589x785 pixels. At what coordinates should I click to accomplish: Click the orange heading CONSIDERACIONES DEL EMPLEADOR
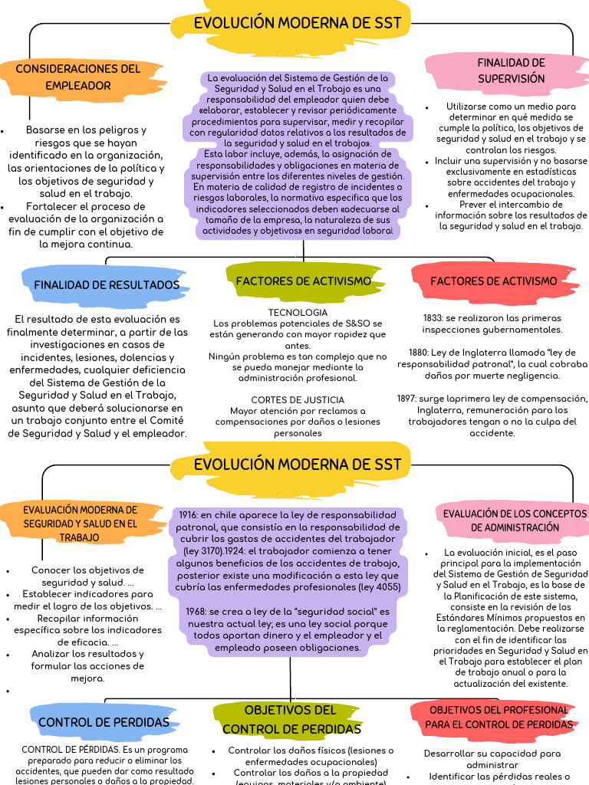tap(78, 77)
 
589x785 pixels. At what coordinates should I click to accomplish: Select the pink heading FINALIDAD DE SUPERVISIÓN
tap(511, 71)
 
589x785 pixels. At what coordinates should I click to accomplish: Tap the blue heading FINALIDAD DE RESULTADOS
tap(107, 285)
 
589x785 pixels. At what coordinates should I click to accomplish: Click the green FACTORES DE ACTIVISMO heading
tap(304, 281)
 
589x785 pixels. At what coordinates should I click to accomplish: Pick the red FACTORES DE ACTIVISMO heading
tap(494, 281)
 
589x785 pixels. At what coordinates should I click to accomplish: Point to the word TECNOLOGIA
tap(298, 313)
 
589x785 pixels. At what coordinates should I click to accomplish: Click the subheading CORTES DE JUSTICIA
tap(298, 400)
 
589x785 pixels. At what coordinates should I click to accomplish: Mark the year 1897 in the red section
tap(408, 399)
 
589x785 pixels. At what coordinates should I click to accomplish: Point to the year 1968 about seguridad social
tap(197, 612)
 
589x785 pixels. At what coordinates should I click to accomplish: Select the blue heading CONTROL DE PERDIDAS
tap(104, 722)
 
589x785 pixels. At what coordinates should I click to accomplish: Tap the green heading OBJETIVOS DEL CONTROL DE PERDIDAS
tap(290, 719)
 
